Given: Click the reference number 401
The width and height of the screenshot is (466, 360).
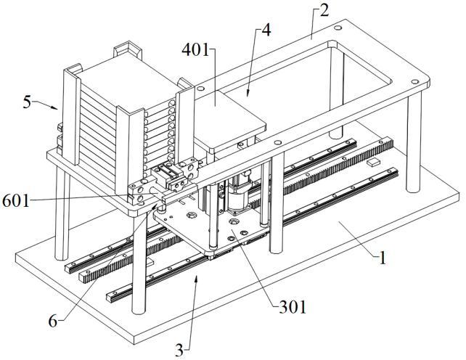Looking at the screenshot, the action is point(195,50).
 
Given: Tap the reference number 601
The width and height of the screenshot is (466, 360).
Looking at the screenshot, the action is point(16,201).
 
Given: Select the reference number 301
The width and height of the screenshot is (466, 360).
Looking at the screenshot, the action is point(293,308).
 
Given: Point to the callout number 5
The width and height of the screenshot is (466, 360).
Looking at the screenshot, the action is point(27,102).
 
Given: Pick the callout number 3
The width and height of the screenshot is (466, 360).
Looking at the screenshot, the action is point(179,350).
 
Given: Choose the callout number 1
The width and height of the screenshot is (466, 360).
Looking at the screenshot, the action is point(383,258).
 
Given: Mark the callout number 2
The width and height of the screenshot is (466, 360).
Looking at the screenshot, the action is point(324,10).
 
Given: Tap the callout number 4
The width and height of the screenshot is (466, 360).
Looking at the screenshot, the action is point(266,30).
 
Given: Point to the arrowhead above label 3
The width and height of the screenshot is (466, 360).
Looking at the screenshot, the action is point(196,278).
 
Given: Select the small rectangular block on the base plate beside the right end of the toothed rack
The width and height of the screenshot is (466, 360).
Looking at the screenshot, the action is point(373,163).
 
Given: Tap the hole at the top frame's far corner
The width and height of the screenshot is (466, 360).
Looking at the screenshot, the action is point(338,28).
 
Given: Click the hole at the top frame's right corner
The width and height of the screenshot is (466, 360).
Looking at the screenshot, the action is point(415,81).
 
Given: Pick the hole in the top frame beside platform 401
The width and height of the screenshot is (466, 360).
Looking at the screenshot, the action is point(200,89).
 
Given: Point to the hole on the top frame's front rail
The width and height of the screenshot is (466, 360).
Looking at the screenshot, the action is point(278,142).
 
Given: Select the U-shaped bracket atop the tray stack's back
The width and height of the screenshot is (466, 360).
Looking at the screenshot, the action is point(128,49).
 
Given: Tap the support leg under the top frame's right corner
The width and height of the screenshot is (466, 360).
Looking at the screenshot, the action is point(414,142).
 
